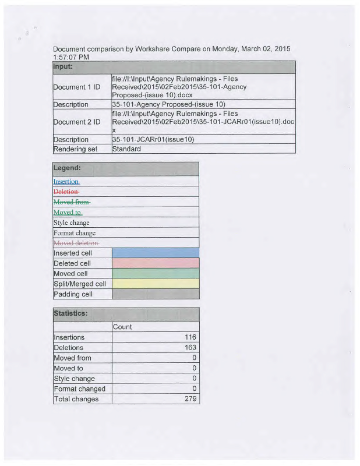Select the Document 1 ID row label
[76, 87]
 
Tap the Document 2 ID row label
[76, 122]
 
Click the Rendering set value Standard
[126, 149]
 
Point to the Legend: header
[67, 168]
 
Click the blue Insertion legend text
[66, 181]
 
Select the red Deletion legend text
[66, 192]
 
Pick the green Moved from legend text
[72, 202]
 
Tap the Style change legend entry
[72, 223]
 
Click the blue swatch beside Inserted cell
[155, 253]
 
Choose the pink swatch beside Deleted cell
[155, 263]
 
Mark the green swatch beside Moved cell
[155, 273]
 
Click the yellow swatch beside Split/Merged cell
[155, 284]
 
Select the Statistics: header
[71, 313]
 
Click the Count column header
[122, 327]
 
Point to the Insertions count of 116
[190, 337]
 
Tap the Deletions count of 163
[190, 348]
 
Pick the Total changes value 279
[190, 399]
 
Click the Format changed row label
[79, 389]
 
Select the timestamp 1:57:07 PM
[71, 58]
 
